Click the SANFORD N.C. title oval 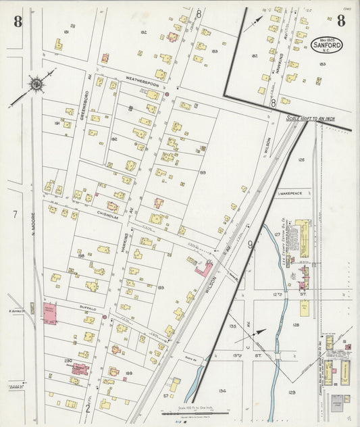point(326,45)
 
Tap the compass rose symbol point(34,84)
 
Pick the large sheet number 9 point(250,245)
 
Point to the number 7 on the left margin point(14,214)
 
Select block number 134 point(222,390)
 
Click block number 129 point(292,392)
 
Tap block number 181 point(66,32)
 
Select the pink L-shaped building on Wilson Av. point(203,269)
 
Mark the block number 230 point(68,361)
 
